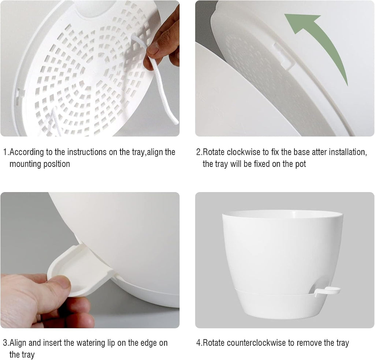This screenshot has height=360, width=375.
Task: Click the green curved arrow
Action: (322, 40)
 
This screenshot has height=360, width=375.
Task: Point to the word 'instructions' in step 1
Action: (88, 152)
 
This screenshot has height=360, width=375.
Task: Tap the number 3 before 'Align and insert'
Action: (5, 343)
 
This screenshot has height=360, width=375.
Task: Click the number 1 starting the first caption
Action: (5, 152)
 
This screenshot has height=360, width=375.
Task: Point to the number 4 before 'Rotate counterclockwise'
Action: (199, 343)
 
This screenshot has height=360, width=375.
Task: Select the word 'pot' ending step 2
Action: (300, 164)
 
